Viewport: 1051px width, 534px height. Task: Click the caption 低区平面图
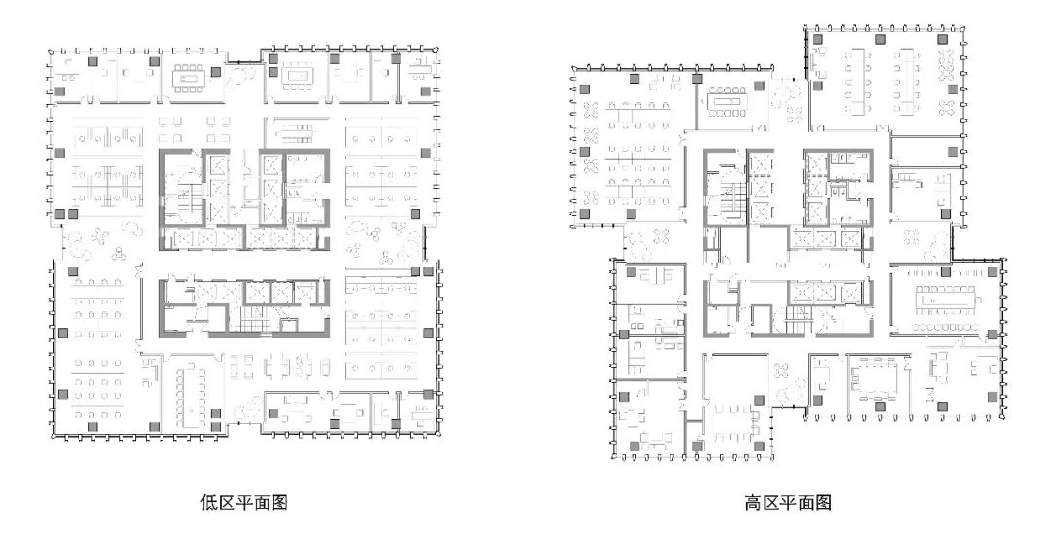(x=244, y=502)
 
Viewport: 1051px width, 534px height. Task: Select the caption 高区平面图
(x=788, y=502)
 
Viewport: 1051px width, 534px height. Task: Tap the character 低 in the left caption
(x=209, y=502)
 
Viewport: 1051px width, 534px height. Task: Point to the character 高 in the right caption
(x=753, y=502)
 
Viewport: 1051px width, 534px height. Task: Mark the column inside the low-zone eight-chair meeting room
(x=216, y=72)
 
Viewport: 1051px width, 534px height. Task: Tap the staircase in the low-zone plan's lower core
(x=254, y=325)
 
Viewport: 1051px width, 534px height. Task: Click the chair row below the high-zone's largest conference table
(x=947, y=327)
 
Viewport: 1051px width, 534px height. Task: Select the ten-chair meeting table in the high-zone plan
(x=728, y=102)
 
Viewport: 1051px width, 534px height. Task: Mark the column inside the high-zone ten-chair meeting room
(x=760, y=87)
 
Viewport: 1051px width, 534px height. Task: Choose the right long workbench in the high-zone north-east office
(x=907, y=81)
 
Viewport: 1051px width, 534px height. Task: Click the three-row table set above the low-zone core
(x=294, y=130)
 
